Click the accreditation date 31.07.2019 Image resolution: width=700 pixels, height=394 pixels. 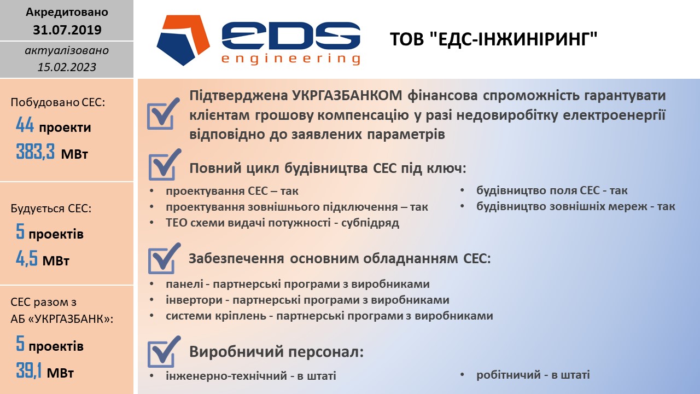pos(67,30)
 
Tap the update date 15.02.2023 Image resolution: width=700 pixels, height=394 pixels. pos(67,67)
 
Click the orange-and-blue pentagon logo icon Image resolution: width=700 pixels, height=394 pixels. pos(183,40)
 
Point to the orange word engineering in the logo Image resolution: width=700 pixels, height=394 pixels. pos(291,59)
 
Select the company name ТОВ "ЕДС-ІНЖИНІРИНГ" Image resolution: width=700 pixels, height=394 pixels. pos(493,39)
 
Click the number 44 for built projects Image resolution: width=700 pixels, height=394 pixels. pos(25,125)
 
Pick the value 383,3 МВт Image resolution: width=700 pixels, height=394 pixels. pos(52,152)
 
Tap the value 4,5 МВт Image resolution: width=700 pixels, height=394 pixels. pos(43,259)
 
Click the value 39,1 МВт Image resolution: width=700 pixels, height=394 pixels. pos(45,371)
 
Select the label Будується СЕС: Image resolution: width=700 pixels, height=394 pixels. pos(51,208)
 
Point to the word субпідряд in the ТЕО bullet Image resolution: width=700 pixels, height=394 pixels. pos(370,223)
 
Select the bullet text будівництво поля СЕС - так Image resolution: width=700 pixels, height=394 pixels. pos(552,190)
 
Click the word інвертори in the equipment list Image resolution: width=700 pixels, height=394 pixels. pos(194,300)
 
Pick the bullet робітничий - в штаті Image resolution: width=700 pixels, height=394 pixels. pos(533,375)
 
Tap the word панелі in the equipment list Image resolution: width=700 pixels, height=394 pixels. pos(185,284)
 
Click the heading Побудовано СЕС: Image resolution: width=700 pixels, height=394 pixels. pos(58,102)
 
